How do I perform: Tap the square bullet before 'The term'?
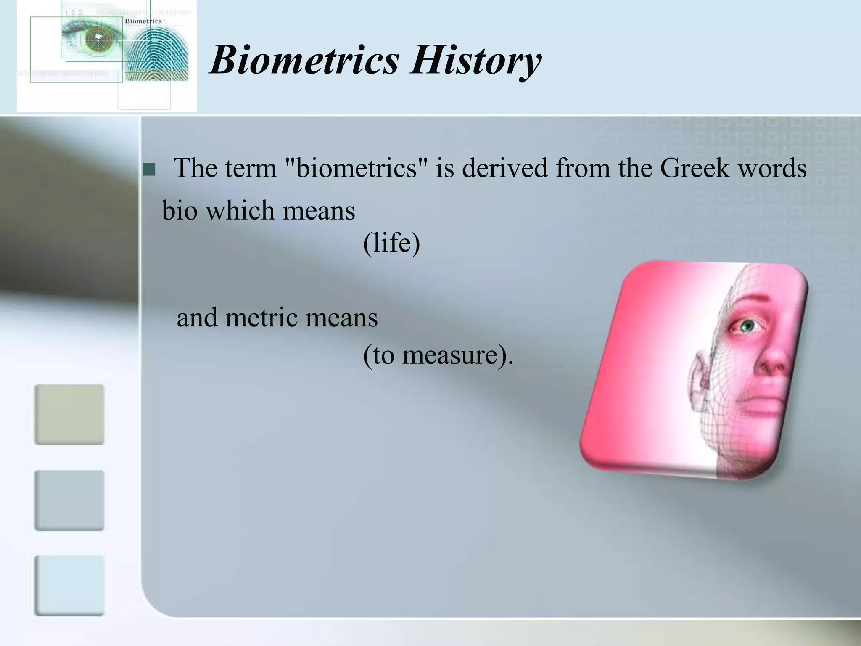[149, 170]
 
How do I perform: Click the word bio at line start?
[180, 210]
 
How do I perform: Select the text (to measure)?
[438, 355]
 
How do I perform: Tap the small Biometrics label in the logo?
[143, 21]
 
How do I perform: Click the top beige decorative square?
[69, 414]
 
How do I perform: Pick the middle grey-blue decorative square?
[69, 500]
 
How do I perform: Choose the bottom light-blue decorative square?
[69, 585]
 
